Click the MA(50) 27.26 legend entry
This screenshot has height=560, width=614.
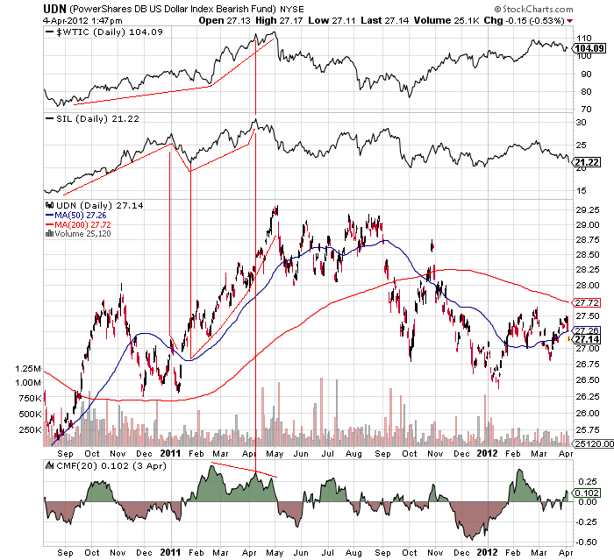77,215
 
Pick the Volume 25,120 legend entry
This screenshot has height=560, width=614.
82,234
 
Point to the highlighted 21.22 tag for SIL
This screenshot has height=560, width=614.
583,162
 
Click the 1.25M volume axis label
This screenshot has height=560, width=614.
27,370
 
